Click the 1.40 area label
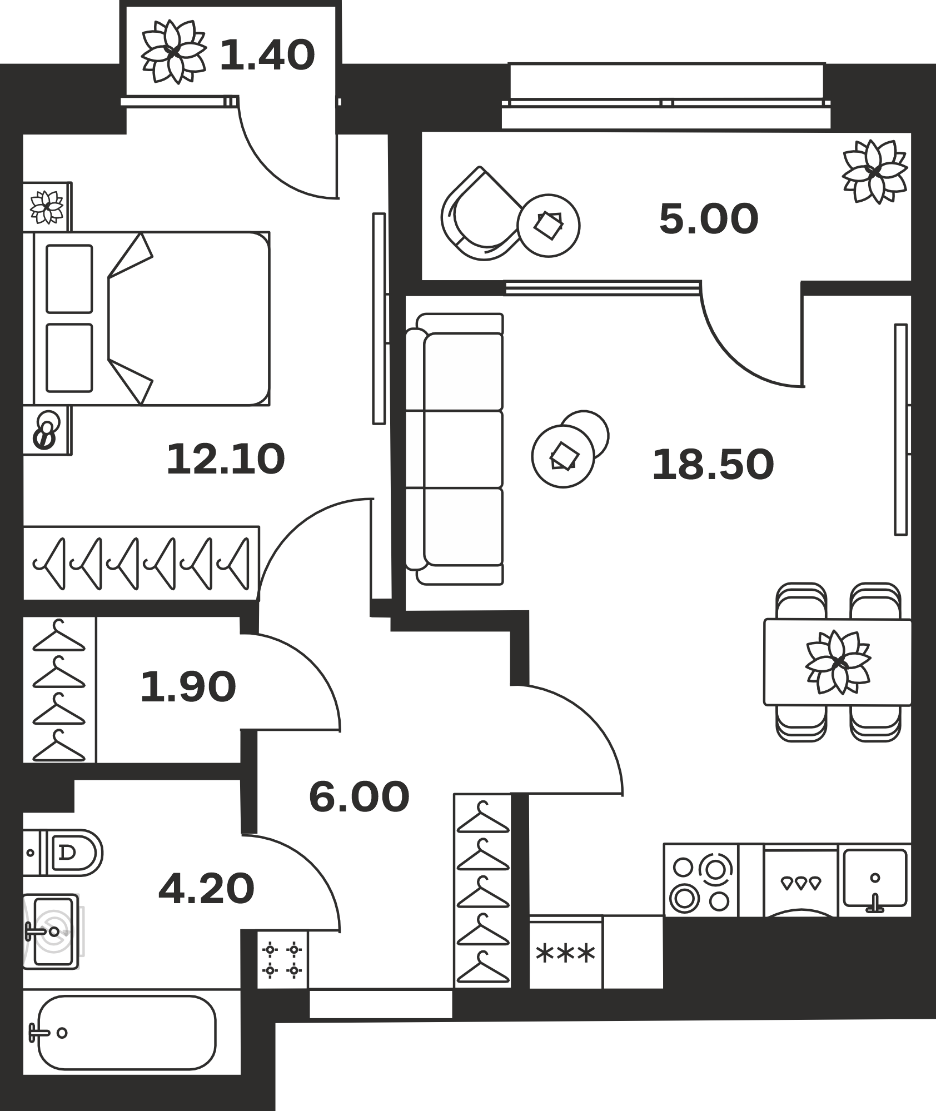(267, 56)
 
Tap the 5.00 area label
(709, 219)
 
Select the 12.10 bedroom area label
(226, 459)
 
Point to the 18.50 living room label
(713, 465)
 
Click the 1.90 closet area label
(188, 687)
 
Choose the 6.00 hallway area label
(359, 797)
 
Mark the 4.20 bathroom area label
(206, 888)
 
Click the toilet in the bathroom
(63, 853)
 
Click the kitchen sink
(875, 880)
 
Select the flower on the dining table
(838, 662)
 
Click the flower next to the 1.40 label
(174, 52)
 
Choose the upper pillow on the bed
(69, 279)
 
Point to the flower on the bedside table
(47, 207)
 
